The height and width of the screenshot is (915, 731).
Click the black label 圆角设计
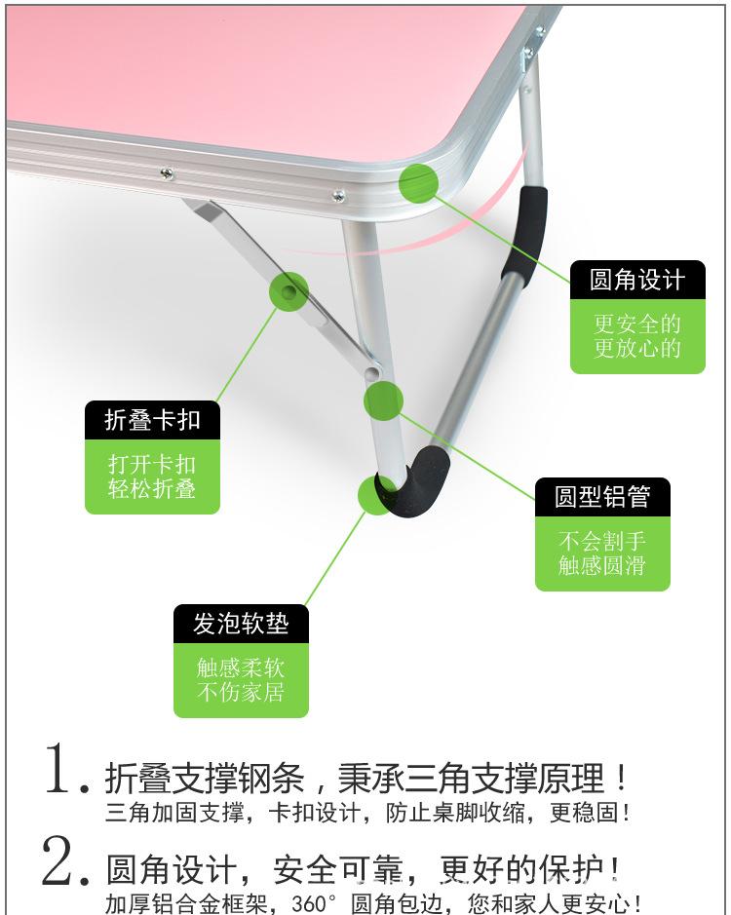coord(637,281)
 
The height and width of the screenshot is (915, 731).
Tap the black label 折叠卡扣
coord(152,420)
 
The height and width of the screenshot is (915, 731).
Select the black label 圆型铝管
coord(602,497)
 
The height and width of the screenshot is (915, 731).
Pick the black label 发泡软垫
coord(241,624)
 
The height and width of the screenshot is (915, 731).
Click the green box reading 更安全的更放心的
coord(637,337)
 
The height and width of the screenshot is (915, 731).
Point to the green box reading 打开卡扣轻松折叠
coord(152,477)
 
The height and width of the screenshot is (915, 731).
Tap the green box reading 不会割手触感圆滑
coord(602,553)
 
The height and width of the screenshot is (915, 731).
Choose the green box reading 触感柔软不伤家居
coord(241,680)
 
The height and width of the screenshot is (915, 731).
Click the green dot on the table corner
coord(418,182)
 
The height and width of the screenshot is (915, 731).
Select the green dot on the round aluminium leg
coord(383,401)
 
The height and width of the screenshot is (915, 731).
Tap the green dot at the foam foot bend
coord(376,495)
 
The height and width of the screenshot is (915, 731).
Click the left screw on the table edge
coord(167,174)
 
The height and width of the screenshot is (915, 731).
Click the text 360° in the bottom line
coord(321,903)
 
